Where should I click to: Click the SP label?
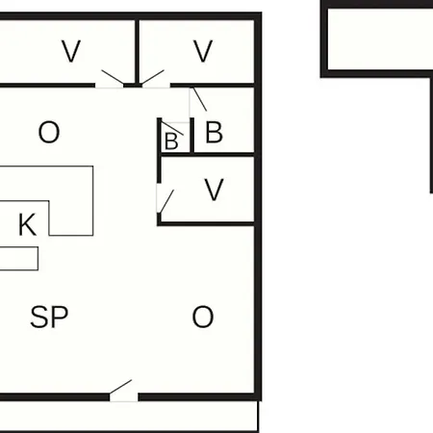click(49, 317)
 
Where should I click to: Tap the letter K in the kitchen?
click(27, 224)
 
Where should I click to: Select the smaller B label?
click(171, 140)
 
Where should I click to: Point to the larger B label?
click(214, 132)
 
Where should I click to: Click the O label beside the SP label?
click(203, 317)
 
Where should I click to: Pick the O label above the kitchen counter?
click(49, 132)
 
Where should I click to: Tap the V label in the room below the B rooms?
click(214, 190)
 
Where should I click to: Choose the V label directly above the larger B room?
click(203, 51)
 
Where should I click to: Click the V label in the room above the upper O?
click(71, 51)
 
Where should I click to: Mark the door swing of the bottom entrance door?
click(120, 387)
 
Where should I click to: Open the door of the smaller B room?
click(172, 128)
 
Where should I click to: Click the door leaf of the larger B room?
click(199, 99)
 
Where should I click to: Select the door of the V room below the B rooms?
click(166, 201)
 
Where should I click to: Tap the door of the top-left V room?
click(113, 77)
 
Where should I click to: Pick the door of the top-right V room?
click(153, 77)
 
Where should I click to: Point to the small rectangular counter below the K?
click(19, 259)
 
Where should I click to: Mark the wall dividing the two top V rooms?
click(138, 53)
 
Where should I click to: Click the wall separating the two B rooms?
click(192, 136)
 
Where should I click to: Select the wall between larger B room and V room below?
click(207, 155)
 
